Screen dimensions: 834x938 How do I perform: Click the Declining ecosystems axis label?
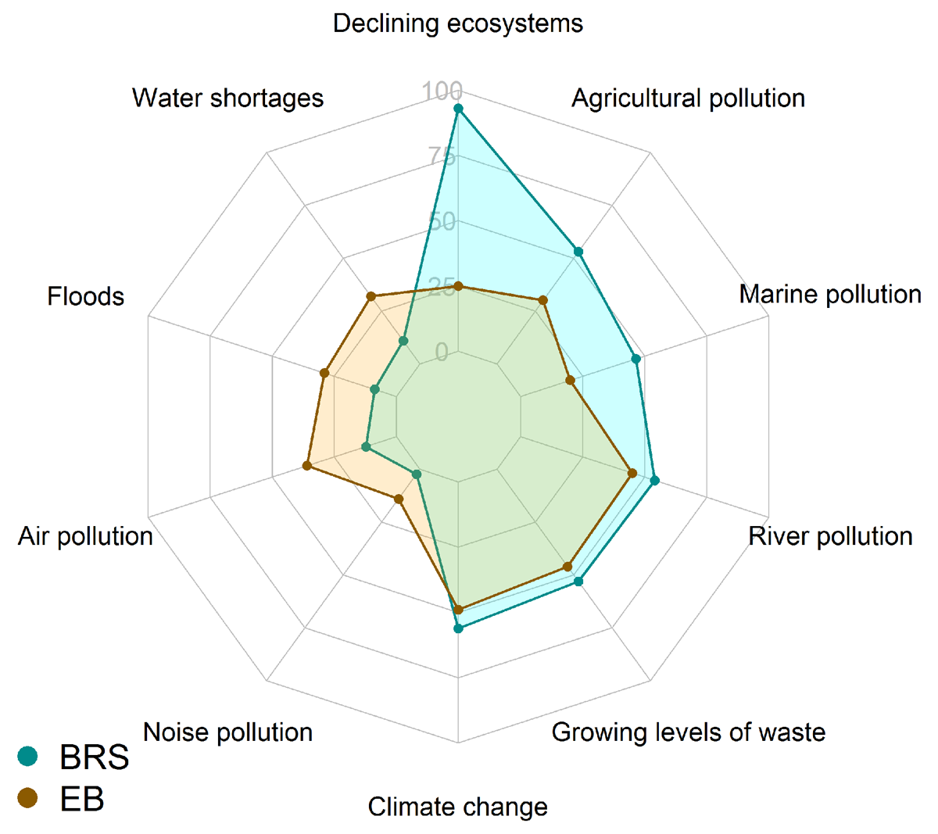(457, 23)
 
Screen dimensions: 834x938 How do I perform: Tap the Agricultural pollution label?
(688, 98)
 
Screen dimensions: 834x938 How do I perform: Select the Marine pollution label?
(830, 295)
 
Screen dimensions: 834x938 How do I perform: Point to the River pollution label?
(830, 536)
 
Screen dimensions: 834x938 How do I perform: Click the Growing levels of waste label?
(688, 732)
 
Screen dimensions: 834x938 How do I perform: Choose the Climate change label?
(457, 807)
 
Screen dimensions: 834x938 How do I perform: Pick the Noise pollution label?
(227, 732)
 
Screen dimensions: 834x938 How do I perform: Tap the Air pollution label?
(85, 536)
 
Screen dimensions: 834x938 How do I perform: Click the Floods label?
(85, 297)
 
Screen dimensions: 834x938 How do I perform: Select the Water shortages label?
(227, 98)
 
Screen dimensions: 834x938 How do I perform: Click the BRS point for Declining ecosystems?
(458, 109)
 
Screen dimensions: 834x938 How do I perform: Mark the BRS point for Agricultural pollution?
(578, 252)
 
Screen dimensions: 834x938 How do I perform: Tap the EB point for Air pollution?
(307, 466)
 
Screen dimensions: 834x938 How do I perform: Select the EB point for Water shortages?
(372, 296)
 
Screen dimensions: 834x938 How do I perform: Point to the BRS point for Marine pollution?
(636, 359)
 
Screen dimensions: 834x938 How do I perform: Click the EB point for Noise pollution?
(399, 499)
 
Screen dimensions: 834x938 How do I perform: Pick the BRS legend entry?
(74, 757)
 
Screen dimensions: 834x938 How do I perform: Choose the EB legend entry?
(63, 799)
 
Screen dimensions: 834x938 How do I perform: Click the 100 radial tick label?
(442, 91)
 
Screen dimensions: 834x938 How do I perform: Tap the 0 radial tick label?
(442, 353)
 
